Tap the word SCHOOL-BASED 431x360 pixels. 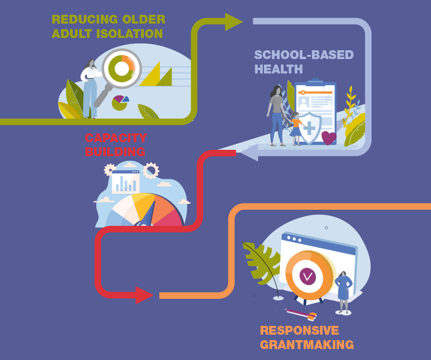pyautogui.click(x=304, y=55)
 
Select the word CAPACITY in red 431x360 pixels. pyautogui.click(x=116, y=138)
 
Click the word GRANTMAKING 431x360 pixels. pyautogui.click(x=307, y=344)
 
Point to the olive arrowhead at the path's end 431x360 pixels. pyautogui.click(x=233, y=22)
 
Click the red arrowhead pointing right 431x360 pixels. pyautogui.click(x=144, y=295)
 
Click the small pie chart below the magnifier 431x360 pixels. pyautogui.click(x=120, y=102)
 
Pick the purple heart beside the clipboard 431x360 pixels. pyautogui.click(x=329, y=138)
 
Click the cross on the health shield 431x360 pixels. pyautogui.click(x=310, y=127)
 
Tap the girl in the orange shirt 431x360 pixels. pyautogui.click(x=296, y=128)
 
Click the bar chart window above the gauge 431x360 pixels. pyautogui.click(x=126, y=182)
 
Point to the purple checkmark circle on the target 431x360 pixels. pyautogui.click(x=308, y=276)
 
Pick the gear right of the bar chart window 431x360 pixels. pyautogui.click(x=151, y=171)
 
